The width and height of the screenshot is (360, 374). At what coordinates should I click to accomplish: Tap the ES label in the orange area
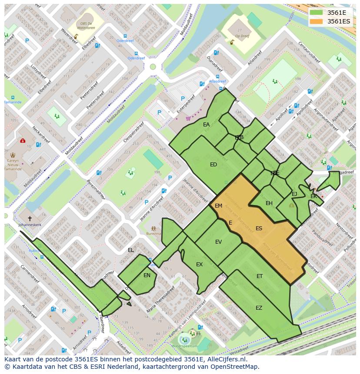pyautogui.click(x=259, y=228)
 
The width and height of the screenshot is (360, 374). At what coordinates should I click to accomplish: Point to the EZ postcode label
pyautogui.click(x=259, y=308)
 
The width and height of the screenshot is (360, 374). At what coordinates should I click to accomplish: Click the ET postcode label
pyautogui.click(x=260, y=276)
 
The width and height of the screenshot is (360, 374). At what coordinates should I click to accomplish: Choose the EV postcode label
pyautogui.click(x=218, y=242)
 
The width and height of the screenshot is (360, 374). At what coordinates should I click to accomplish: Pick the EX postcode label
pyautogui.click(x=199, y=265)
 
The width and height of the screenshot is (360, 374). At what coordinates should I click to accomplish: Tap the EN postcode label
pyautogui.click(x=147, y=275)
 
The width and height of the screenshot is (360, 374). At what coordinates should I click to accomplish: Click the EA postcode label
pyautogui.click(x=206, y=125)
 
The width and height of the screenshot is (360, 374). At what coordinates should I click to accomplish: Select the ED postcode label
pyautogui.click(x=213, y=165)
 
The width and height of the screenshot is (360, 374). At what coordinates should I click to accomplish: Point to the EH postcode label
pyautogui.click(x=269, y=203)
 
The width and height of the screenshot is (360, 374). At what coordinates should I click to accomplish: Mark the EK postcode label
pyautogui.click(x=313, y=196)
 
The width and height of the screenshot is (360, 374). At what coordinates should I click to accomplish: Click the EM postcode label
pyautogui.click(x=218, y=206)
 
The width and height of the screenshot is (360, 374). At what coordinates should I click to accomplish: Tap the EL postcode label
pyautogui.click(x=131, y=250)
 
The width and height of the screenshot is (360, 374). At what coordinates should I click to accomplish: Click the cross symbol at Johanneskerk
pyautogui.click(x=30, y=218)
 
